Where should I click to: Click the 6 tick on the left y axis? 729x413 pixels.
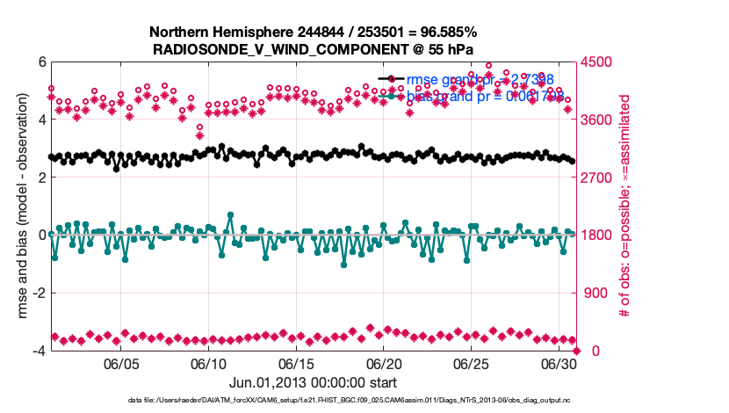[x=41, y=62]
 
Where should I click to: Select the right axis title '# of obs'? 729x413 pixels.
[x=627, y=206]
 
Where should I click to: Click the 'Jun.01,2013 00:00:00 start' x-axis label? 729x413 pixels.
[x=313, y=383]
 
